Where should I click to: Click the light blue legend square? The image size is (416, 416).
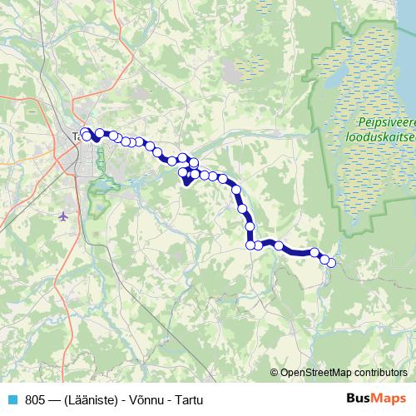click(12, 399)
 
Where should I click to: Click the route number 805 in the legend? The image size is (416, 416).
click(35, 399)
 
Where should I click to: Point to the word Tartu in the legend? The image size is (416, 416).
click(189, 399)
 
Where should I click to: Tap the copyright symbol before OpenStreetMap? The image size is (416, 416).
click(275, 373)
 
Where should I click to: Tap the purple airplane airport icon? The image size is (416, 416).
click(65, 217)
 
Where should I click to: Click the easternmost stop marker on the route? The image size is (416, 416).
click(331, 263)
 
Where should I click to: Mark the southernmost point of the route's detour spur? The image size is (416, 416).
click(186, 185)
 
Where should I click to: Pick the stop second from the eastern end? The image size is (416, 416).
click(324, 259)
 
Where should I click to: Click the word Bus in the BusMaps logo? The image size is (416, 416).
click(359, 399)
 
